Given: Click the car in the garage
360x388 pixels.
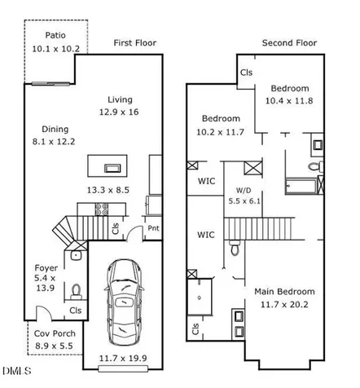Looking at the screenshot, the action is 124,302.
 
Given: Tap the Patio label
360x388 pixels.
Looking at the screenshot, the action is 55,35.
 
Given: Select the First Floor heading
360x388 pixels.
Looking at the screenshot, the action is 135,43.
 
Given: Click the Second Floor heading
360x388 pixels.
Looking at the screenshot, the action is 289,43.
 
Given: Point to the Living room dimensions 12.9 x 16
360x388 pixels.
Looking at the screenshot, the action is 119,112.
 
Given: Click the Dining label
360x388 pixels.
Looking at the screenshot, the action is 55,130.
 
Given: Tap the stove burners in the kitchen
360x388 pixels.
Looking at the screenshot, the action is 102,209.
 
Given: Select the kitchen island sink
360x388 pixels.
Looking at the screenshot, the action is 112,168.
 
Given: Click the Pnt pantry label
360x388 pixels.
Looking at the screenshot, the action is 153,228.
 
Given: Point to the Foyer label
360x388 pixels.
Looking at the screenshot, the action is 46,268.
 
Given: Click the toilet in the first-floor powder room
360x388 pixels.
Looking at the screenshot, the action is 76,292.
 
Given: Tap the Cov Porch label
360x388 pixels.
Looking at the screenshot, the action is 55,333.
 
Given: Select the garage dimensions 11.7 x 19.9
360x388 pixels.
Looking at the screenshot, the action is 123,358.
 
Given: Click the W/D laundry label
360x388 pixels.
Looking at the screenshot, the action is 244,191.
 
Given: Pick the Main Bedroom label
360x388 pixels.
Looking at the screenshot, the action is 284,292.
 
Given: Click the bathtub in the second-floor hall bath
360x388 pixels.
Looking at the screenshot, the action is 301,186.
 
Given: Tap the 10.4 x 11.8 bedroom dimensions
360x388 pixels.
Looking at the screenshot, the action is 289,101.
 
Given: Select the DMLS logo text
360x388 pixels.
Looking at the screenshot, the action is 17,371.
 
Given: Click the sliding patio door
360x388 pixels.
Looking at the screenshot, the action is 50,84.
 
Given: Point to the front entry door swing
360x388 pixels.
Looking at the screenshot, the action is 44,313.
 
